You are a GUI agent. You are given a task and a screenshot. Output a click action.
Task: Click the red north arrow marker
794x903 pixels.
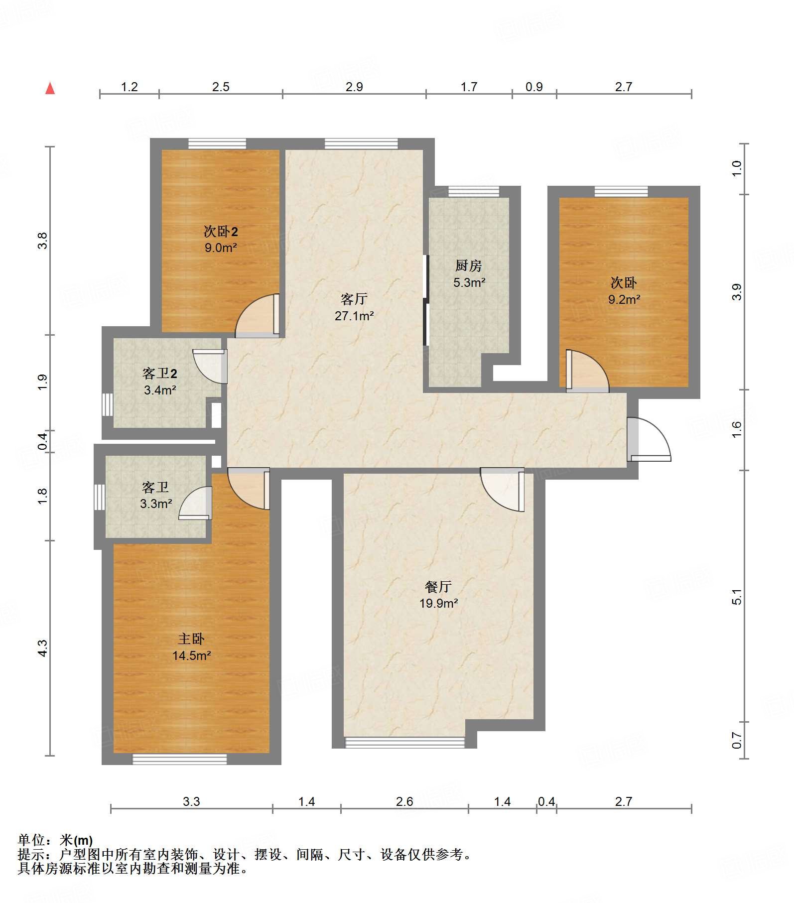coord(50,88)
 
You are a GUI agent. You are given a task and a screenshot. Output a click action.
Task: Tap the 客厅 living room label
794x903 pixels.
coord(354,299)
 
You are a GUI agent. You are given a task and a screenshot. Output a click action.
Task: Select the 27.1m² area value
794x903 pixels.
coord(354,316)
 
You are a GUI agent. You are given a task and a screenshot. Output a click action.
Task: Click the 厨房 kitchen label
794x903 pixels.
coord(469,265)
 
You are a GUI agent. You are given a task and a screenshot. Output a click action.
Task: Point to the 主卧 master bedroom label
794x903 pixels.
coord(191,639)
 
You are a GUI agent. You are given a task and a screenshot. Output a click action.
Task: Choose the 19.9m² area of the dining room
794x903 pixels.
coord(438,603)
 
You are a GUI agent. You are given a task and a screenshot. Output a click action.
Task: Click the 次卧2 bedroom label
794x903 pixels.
coord(221,231)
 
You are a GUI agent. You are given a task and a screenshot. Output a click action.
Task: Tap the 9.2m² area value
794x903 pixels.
coord(624,299)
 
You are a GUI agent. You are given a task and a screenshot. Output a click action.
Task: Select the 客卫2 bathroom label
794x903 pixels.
coord(160,373)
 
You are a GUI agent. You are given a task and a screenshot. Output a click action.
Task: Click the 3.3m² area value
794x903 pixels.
coord(156,504)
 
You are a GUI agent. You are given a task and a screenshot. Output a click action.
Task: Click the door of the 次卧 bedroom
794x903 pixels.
coord(587,371)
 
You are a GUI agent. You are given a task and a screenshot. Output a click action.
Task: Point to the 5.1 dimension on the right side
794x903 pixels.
coord(737,597)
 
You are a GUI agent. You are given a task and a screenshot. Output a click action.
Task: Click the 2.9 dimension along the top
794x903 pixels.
coord(354,87)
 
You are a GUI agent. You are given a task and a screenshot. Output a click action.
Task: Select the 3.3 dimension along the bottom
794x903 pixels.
coord(191,801)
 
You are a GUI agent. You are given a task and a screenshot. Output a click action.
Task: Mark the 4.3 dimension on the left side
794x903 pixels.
coord(42,648)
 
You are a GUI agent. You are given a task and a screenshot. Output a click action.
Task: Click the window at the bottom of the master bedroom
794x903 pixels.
coord(180,759)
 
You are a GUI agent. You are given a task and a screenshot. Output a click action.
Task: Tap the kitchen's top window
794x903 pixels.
coord(474,192)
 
